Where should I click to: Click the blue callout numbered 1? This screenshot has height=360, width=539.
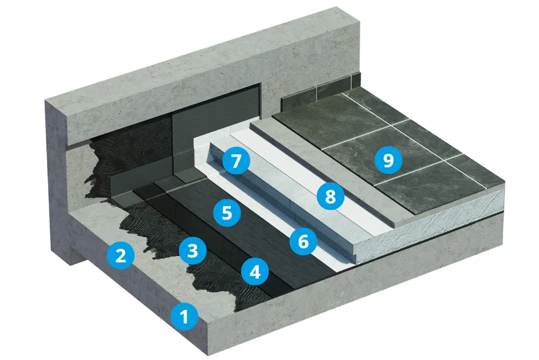[185, 316]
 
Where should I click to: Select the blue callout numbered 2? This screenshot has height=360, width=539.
[120, 255]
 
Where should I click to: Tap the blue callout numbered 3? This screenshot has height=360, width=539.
[193, 251]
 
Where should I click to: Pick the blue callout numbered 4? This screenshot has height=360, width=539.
[255, 272]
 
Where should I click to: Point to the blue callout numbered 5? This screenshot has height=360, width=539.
[227, 212]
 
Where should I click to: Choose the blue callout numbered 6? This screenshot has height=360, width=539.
[303, 242]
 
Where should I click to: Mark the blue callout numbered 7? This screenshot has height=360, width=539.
[236, 160]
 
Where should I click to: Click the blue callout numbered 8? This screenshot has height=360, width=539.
[330, 196]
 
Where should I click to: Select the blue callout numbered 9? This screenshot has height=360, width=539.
[388, 160]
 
